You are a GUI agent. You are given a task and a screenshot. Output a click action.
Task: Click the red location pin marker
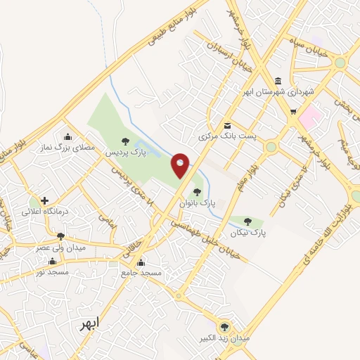(181, 167)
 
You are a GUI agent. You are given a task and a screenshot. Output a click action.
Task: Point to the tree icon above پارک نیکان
(248, 222)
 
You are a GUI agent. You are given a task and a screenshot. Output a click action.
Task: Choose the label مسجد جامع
(141, 272)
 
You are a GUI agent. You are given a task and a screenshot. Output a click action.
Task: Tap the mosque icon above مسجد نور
(51, 261)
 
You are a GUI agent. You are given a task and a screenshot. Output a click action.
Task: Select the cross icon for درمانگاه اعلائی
(45, 201)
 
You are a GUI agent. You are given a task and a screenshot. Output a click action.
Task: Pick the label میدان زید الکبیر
(226, 338)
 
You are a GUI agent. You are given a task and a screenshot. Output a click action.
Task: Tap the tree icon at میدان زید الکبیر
(225, 327)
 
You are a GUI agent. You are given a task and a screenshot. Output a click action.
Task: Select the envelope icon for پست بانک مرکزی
(226, 125)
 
